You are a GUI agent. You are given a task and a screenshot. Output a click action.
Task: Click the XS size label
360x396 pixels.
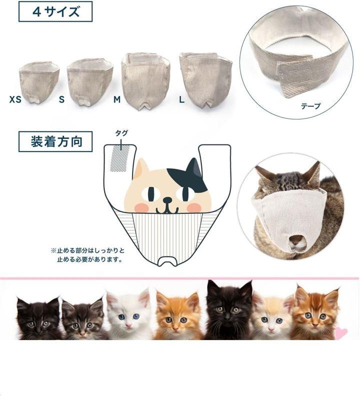tap(15, 99)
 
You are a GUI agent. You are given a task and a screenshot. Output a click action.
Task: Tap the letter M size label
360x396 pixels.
tap(117, 100)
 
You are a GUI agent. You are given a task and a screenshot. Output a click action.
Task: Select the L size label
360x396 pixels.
tap(181, 100)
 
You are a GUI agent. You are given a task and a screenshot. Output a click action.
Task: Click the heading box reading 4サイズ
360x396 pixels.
tap(55, 11)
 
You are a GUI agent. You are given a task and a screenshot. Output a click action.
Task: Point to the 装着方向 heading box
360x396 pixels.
tap(55, 141)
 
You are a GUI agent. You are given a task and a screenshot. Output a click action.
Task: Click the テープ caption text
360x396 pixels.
tap(310, 106)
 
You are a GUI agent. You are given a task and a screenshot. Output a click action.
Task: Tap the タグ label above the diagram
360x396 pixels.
tap(121, 133)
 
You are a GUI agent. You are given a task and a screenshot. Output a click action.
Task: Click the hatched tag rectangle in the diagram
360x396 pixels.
tap(120, 159)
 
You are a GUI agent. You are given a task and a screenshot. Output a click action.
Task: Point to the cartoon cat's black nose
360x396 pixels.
tap(167, 200)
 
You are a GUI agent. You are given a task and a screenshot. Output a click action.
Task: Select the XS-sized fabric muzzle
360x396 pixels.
tap(39, 82)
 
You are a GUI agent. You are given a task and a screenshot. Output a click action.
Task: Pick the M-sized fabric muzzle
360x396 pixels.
tap(145, 81)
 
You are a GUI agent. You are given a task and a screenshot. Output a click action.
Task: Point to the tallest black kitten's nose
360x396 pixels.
tap(228, 315)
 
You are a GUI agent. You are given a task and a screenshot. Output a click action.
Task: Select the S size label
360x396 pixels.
tap(61, 99)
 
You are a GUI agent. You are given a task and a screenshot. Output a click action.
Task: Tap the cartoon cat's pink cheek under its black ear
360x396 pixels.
tap(194, 207)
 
